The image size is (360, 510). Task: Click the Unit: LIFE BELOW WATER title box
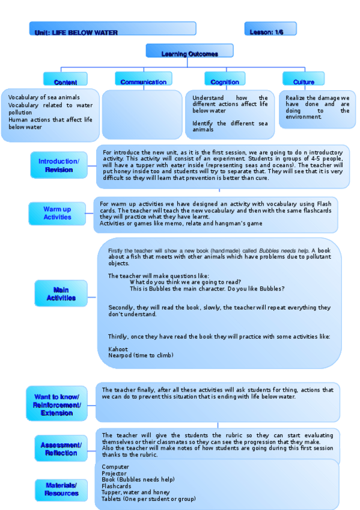(112, 29)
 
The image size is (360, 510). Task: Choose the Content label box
(65, 79)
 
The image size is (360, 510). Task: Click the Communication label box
(143, 79)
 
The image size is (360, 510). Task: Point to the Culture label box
(304, 79)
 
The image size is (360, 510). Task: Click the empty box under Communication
(142, 115)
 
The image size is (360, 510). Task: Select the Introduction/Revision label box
(58, 165)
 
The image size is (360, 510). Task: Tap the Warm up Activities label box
(57, 214)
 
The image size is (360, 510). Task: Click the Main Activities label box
(61, 294)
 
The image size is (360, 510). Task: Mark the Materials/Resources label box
(61, 489)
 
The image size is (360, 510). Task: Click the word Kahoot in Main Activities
(118, 349)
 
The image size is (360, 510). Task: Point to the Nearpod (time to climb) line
(141, 355)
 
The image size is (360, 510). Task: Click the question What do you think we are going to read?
(185, 282)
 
